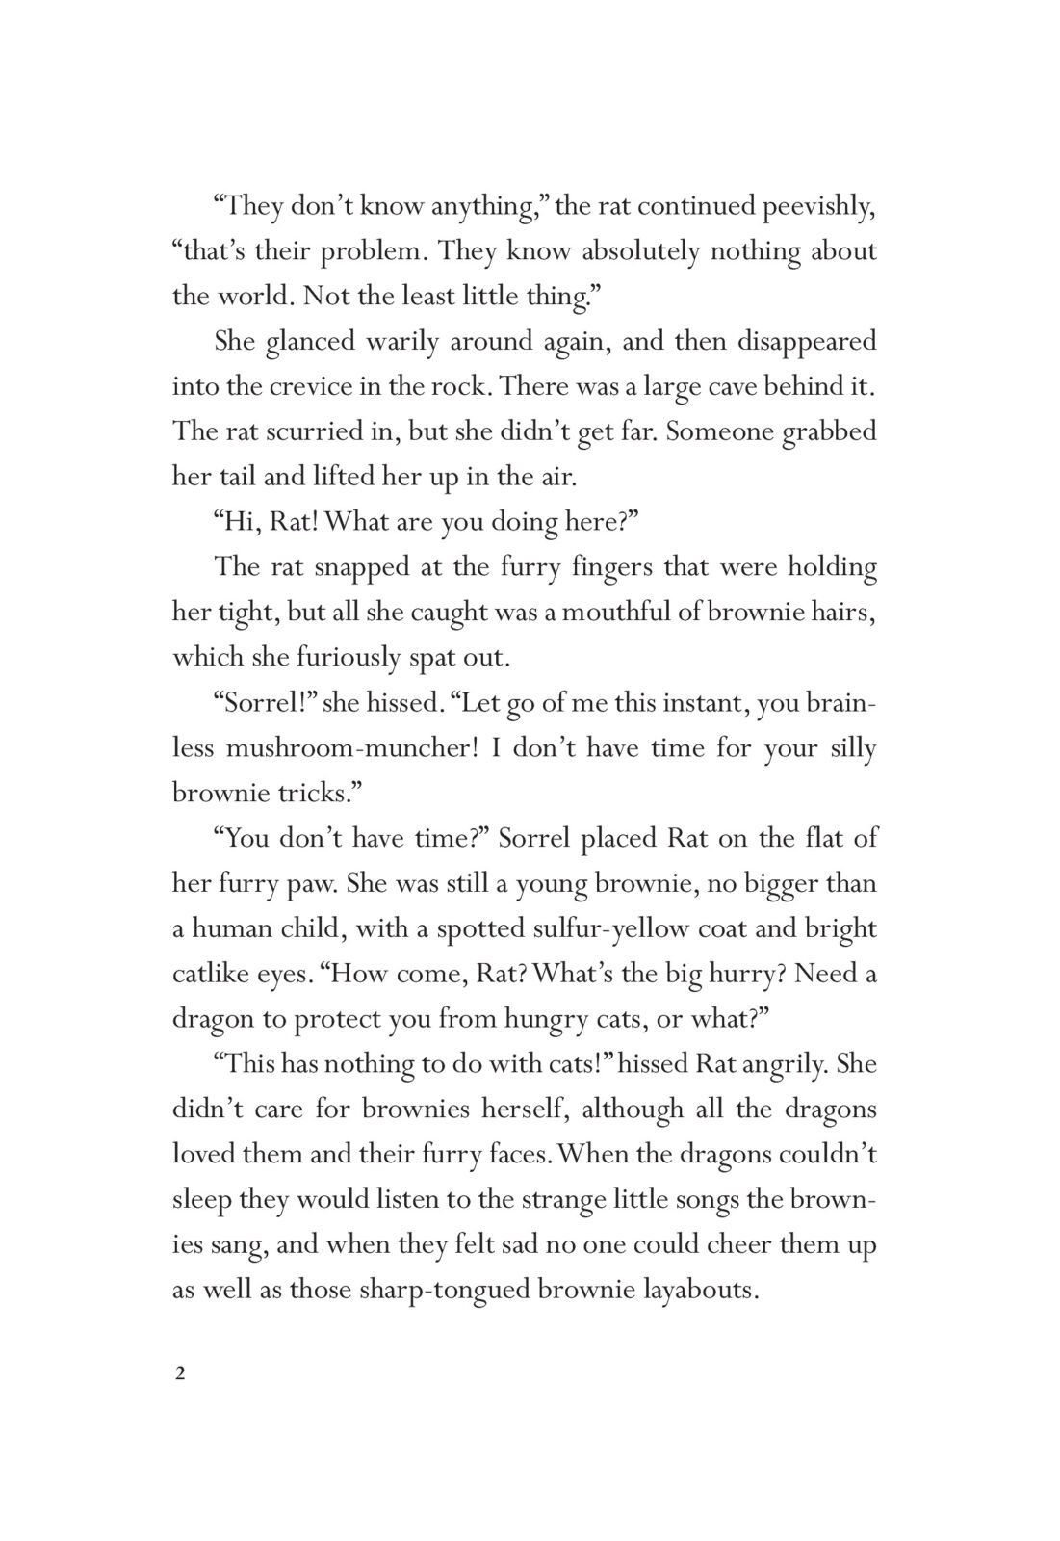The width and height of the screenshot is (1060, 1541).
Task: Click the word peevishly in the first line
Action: [817, 206]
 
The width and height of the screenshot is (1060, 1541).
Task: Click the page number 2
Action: [179, 1374]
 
